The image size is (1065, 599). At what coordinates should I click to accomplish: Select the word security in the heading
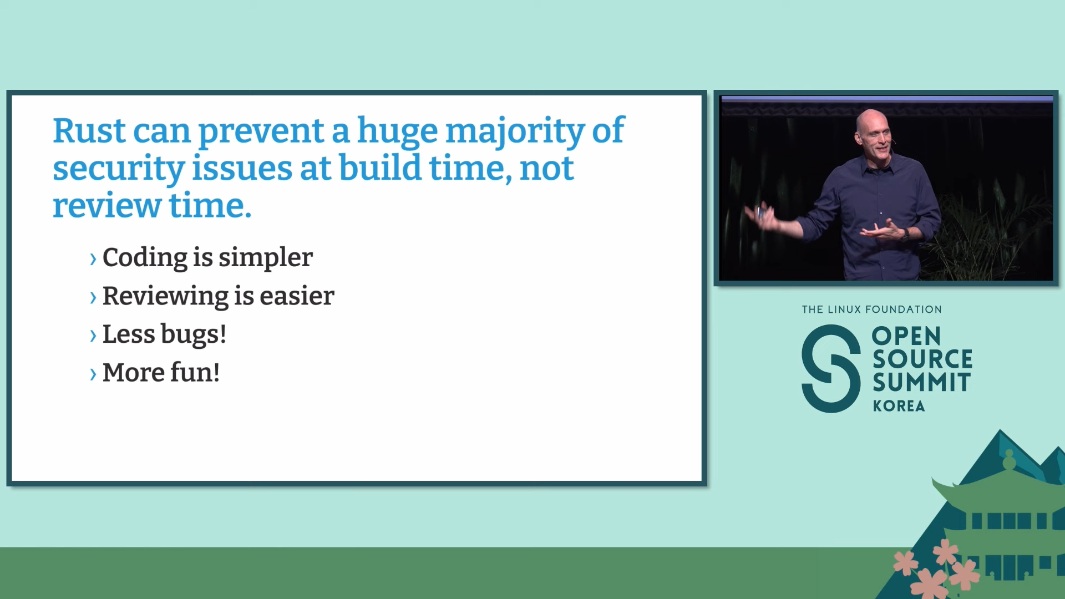(118, 169)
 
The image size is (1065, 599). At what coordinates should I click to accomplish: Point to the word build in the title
(380, 167)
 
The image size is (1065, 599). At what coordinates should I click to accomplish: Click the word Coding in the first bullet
(145, 258)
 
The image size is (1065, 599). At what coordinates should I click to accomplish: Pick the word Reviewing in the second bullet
(165, 297)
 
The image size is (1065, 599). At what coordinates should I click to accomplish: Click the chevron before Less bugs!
(93, 336)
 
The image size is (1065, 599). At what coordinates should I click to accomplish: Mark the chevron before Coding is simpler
(93, 258)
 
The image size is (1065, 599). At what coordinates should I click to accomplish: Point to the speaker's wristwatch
(905, 235)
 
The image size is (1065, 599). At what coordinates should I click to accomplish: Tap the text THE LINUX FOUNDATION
(871, 309)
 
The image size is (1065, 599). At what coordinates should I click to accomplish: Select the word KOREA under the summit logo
(899, 406)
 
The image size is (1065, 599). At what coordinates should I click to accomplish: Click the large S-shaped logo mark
(831, 369)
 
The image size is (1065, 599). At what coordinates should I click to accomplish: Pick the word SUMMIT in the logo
(921, 383)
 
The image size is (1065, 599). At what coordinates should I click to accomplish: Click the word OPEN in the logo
(906, 336)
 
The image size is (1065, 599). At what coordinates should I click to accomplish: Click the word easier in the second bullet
(297, 296)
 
